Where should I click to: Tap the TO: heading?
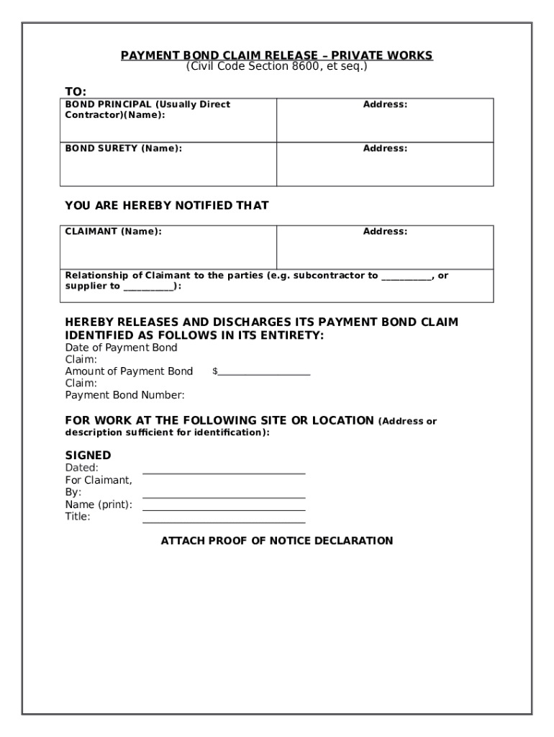tap(76, 91)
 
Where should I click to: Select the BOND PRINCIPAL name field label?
tap(147, 109)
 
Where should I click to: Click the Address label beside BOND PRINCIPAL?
tap(385, 104)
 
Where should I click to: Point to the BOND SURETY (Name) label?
tap(123, 148)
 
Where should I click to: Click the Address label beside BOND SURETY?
tap(385, 148)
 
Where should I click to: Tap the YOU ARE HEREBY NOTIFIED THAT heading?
tap(166, 205)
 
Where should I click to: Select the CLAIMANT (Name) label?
tap(113, 232)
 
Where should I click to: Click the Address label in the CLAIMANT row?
tap(385, 232)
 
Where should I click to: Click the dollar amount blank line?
tap(263, 374)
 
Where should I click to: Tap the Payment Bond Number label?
tap(124, 395)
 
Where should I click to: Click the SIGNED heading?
tap(88, 455)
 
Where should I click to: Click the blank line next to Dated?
tap(224, 473)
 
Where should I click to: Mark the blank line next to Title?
tap(224, 522)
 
